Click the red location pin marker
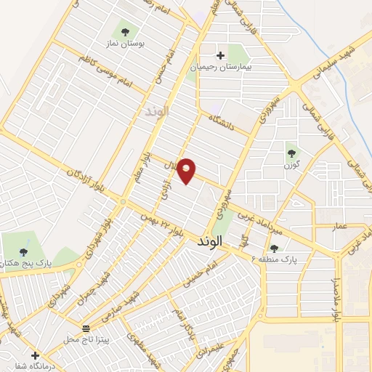187,170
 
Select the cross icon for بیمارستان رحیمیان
220,54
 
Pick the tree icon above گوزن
291,153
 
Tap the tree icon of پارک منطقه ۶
274,248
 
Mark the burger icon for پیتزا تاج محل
86,328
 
